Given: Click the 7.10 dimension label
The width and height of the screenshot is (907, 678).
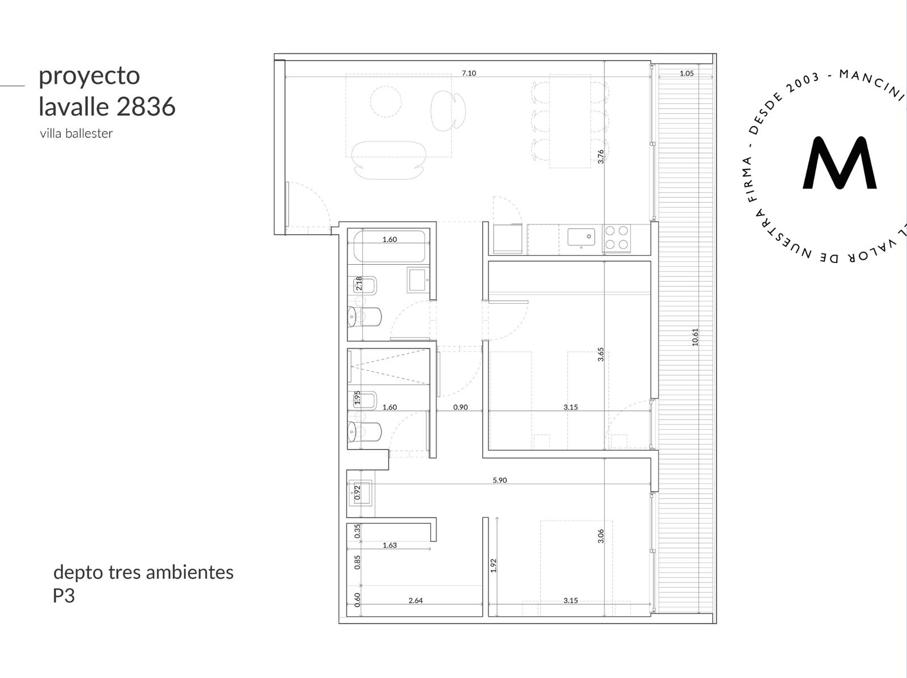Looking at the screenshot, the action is pos(469,73).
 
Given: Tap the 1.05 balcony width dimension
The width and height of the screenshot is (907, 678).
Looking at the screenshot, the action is pos(686,74).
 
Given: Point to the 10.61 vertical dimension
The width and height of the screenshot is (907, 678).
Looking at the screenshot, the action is pos(695,337).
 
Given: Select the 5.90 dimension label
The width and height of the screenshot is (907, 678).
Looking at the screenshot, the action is pos(499,480).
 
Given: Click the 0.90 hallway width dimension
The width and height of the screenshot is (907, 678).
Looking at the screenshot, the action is pos(460,407).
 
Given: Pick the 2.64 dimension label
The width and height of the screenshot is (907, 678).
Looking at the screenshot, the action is pos(416,600).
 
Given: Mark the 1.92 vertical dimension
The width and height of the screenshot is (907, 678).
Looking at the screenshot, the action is pos(493,566).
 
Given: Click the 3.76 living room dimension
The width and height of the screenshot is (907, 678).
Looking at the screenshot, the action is pos(601,156).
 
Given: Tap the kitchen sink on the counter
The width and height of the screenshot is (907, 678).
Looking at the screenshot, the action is pos(581,237).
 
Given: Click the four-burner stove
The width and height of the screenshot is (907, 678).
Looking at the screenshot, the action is pos(617,238).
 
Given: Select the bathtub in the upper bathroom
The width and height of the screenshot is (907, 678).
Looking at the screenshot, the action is pos(389,247).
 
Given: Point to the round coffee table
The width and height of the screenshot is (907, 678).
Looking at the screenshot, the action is pos(385,101).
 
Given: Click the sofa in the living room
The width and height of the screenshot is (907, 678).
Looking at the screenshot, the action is pos(388,160).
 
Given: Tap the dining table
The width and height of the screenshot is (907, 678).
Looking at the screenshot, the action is pos(570,121).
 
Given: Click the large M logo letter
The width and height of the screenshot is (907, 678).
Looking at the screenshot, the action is pos(839,163).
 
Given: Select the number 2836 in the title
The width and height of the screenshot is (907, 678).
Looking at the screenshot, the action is pos(146,107).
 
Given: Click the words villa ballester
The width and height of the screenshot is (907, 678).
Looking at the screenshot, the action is pos(76,133).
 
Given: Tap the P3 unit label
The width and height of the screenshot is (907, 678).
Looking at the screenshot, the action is pos(63,596).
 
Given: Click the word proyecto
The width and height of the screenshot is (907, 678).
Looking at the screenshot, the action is pos(89,77).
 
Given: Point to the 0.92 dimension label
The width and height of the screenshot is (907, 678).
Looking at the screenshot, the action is pos(358,493).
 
